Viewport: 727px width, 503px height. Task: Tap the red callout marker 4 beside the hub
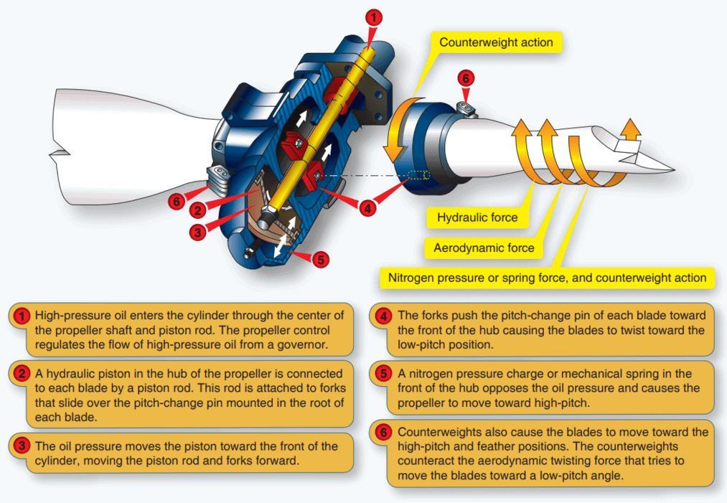[367, 209]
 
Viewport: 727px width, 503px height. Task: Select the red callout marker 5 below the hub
[321, 258]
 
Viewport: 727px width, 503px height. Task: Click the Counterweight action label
[496, 42]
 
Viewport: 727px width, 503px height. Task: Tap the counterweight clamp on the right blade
[466, 108]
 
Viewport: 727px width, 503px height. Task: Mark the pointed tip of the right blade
[671, 168]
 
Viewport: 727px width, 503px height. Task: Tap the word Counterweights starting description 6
[435, 433]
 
